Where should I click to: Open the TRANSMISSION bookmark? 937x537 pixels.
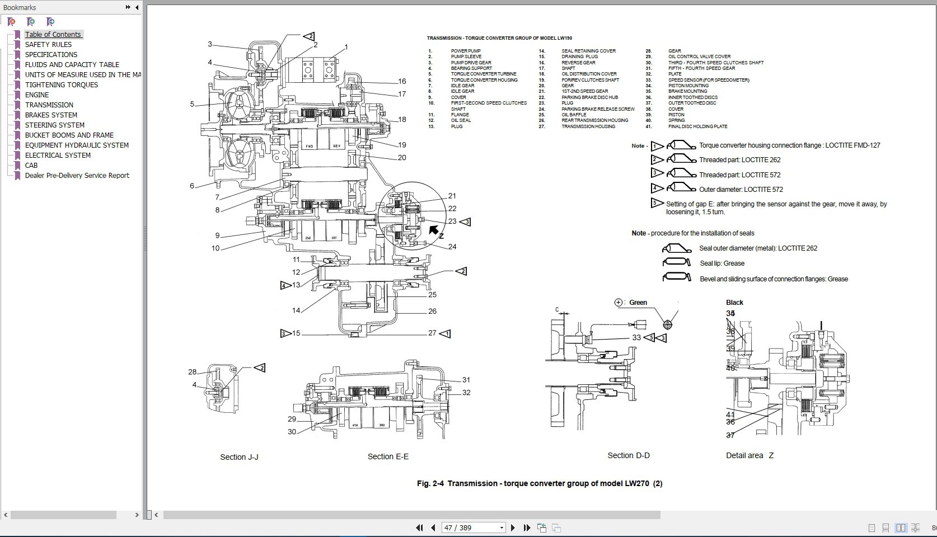click(49, 105)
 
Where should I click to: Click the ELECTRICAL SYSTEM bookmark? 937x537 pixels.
click(58, 155)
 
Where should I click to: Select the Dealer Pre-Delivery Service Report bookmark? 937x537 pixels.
click(77, 175)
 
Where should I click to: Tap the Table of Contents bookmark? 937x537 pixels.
click(53, 34)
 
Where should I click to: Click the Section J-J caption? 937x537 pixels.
click(239, 457)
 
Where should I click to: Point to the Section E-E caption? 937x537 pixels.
click(388, 456)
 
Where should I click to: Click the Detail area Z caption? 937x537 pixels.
click(749, 455)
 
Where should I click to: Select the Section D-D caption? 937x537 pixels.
click(629, 455)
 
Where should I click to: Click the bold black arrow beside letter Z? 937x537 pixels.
click(434, 229)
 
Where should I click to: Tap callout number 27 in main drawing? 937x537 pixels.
click(432, 333)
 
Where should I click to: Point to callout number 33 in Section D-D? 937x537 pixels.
click(636, 337)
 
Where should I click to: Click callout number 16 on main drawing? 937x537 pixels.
click(402, 82)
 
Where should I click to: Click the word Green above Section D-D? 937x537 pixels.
click(638, 303)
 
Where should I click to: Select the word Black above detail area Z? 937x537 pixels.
click(734, 303)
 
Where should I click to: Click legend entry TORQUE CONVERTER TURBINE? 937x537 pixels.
click(484, 74)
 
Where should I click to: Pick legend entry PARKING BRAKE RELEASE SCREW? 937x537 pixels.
click(598, 109)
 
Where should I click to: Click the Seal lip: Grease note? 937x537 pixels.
click(722, 263)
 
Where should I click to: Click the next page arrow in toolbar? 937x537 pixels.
click(513, 527)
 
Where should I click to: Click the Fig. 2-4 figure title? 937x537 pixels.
click(539, 483)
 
